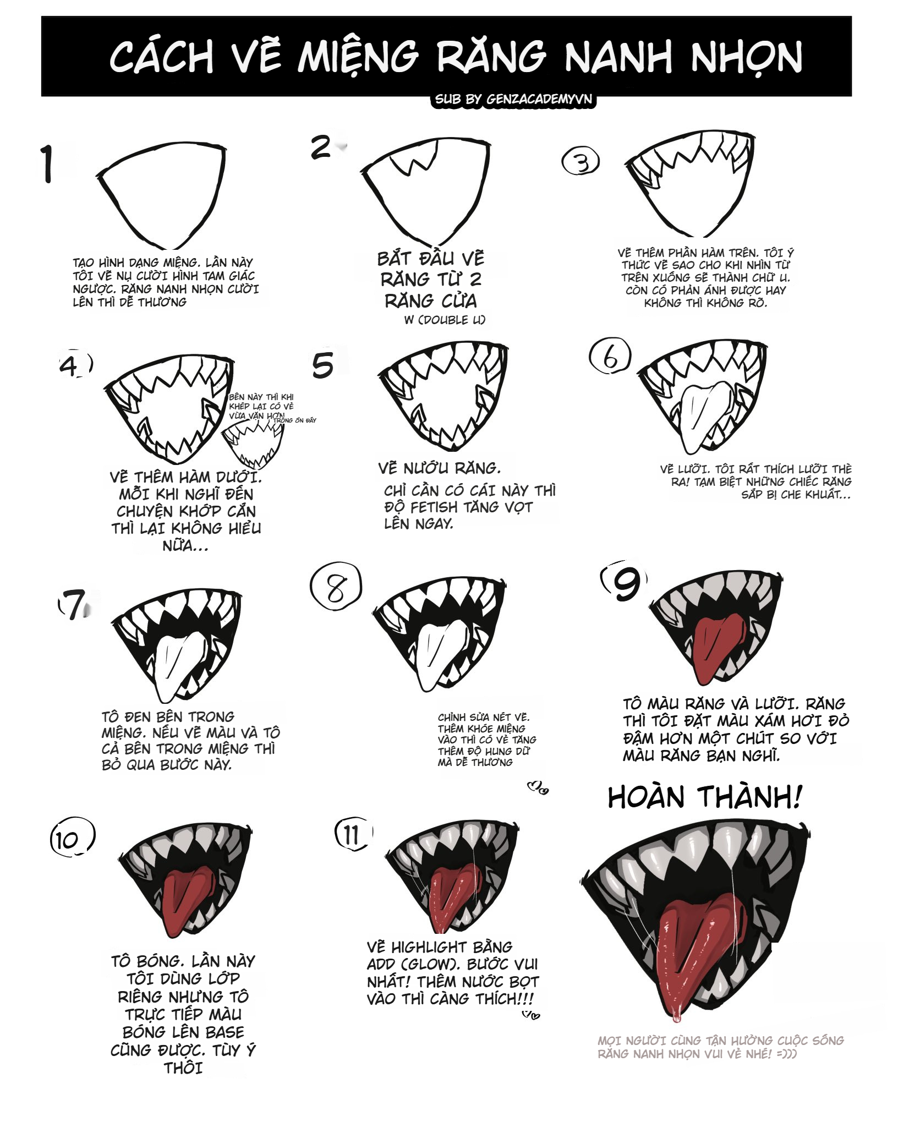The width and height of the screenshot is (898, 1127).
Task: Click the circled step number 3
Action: pyautogui.click(x=581, y=161)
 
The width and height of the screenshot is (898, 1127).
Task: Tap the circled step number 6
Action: pyautogui.click(x=610, y=356)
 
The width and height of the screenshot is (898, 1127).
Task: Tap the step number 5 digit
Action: pyautogui.click(x=323, y=365)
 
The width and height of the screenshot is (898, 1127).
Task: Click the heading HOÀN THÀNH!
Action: pyautogui.click(x=704, y=797)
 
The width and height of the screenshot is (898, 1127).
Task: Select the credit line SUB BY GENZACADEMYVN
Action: pyautogui.click(x=514, y=100)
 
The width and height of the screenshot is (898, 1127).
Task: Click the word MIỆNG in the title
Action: pyautogui.click(x=358, y=57)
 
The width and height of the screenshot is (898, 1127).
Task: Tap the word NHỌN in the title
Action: pyautogui.click(x=747, y=57)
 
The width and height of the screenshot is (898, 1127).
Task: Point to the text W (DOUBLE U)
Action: pyautogui.click(x=445, y=320)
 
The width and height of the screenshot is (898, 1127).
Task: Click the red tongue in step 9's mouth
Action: pyautogui.click(x=715, y=649)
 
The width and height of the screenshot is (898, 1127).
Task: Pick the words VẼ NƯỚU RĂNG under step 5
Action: pyautogui.click(x=439, y=468)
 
